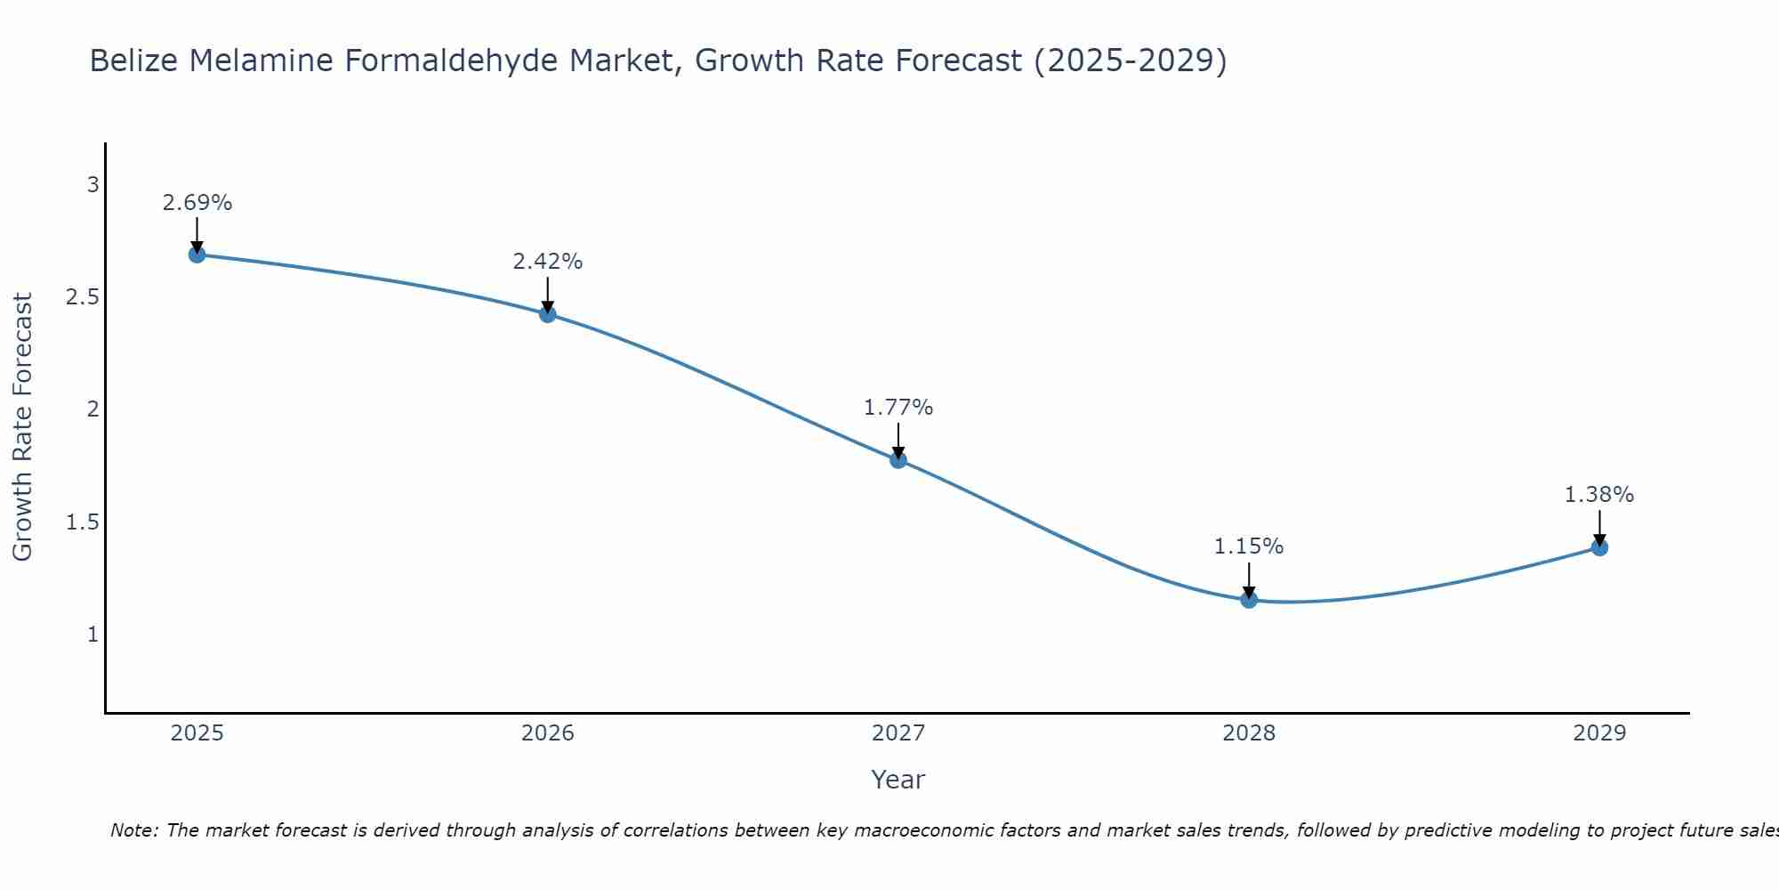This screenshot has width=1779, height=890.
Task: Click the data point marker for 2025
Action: pos(197,255)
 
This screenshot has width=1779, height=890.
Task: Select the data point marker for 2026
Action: pos(547,314)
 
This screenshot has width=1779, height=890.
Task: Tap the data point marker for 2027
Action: pos(898,460)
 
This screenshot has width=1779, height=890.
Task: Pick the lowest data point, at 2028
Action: pos(1249,600)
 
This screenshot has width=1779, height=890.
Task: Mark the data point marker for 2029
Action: pos(1599,547)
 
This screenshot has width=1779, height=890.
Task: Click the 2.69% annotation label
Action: pos(197,203)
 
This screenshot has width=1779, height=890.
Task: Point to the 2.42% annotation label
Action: pos(547,262)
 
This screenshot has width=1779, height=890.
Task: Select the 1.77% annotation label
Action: pos(898,408)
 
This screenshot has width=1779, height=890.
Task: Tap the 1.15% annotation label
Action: pos(1249,546)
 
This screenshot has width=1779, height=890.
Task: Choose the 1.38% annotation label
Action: pos(1599,495)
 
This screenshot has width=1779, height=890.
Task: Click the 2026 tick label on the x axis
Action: pos(547,733)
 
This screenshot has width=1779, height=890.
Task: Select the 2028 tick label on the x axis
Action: pos(1249,733)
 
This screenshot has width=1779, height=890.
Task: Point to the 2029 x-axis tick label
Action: pos(1599,733)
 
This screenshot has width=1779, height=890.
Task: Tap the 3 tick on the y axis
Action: pos(93,185)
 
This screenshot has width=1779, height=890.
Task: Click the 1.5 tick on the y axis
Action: pos(83,522)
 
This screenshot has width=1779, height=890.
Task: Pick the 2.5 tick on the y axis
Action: pos(83,297)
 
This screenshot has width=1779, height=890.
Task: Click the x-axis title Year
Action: pos(898,780)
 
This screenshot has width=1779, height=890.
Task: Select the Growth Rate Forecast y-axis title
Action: pos(22,427)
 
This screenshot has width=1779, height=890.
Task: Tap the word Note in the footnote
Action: pos(133,830)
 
